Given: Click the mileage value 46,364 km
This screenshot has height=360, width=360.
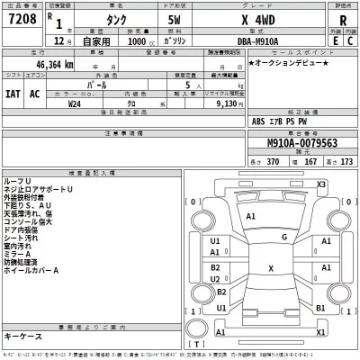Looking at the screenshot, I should (57, 66).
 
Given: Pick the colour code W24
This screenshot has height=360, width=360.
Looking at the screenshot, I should (75, 103).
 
